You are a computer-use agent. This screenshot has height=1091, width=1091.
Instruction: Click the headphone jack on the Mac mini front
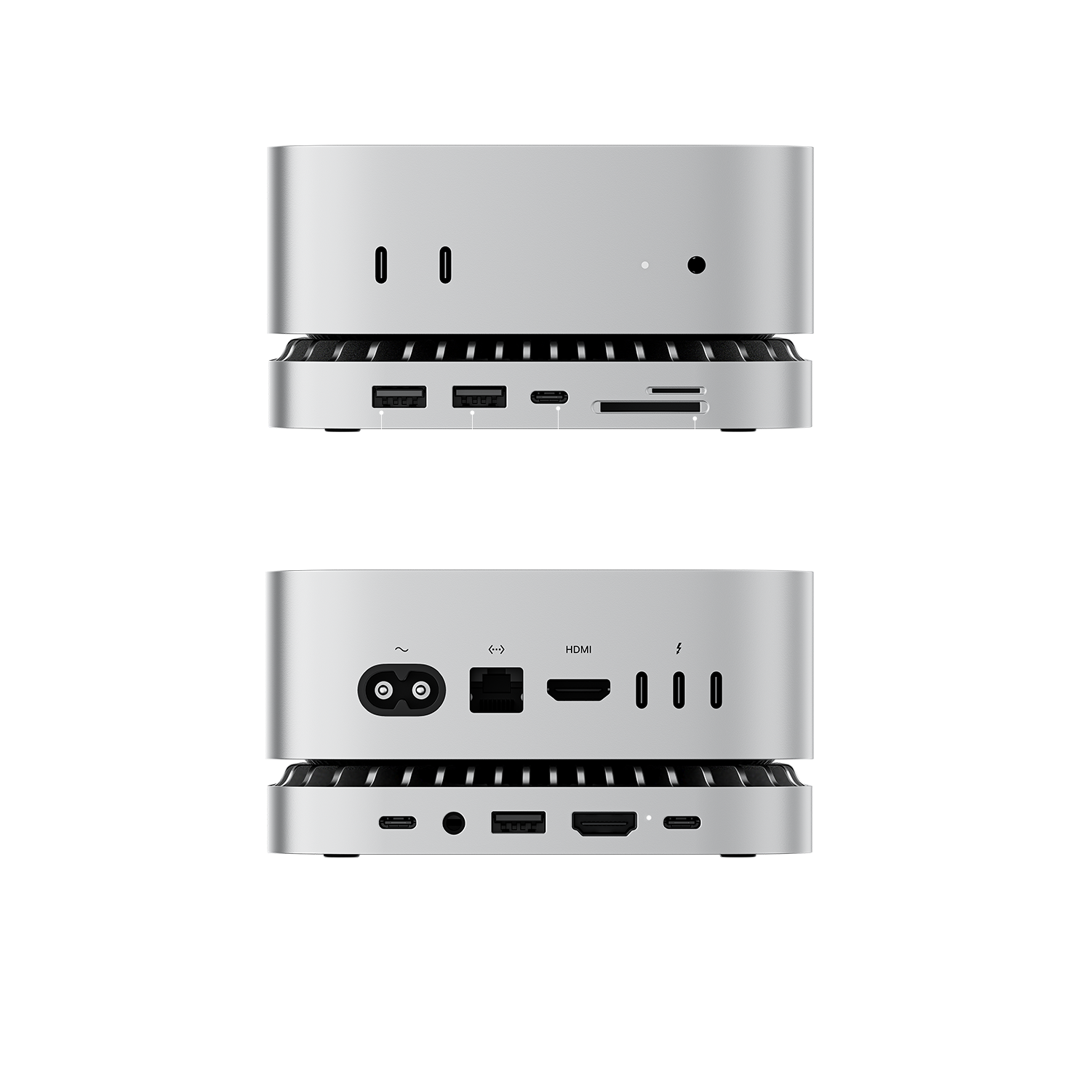(x=697, y=265)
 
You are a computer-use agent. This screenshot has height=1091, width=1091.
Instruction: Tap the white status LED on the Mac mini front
(x=644, y=265)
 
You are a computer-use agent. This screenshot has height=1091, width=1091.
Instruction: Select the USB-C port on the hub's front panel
(x=549, y=398)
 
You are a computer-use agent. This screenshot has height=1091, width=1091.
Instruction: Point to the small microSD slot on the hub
(x=676, y=391)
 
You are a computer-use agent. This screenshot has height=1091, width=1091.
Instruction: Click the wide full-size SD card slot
(x=650, y=408)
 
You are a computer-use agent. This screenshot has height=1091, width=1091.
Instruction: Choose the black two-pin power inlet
(x=400, y=689)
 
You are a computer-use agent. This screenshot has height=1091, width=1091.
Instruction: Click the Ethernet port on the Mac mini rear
(x=497, y=690)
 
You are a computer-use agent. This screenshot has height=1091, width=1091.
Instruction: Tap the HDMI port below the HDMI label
(x=578, y=690)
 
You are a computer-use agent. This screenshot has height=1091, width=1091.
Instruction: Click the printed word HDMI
(x=578, y=650)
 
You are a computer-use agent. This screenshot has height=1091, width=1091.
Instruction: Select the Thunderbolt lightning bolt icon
(x=678, y=648)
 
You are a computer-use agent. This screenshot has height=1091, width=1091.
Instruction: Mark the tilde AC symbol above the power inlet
(x=400, y=650)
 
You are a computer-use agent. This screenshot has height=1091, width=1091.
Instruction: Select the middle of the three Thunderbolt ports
(x=678, y=690)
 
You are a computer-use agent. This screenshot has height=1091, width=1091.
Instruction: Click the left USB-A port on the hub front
(x=399, y=397)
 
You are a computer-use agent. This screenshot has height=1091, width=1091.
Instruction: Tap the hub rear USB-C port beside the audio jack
(x=397, y=823)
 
